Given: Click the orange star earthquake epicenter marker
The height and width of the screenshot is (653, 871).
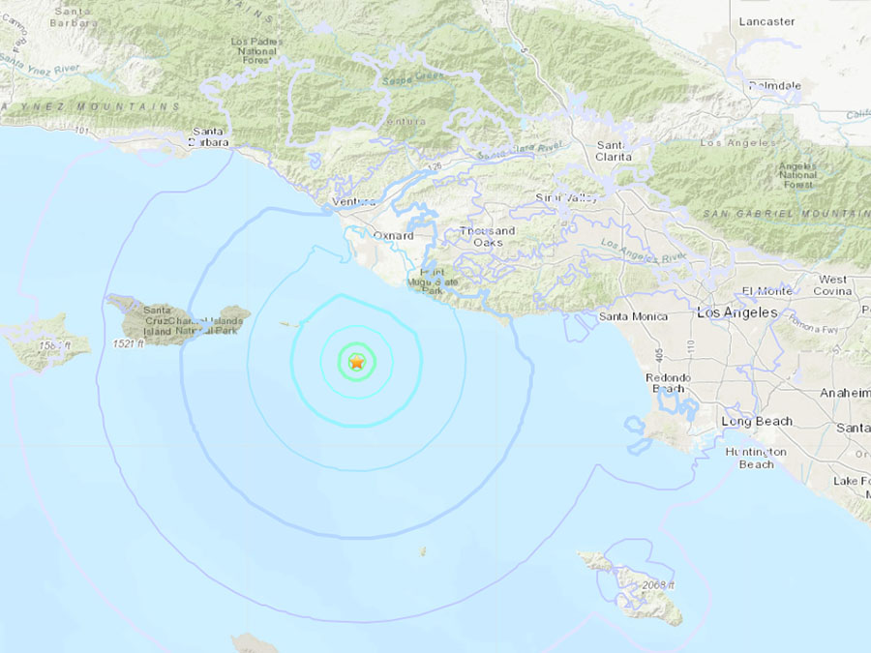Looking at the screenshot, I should coord(356,362).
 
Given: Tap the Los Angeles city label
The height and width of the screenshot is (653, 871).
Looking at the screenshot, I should coord(736,312).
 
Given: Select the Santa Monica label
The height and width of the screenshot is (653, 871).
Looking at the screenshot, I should coord(633,316).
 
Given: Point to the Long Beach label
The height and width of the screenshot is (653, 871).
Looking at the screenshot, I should coord(756,422).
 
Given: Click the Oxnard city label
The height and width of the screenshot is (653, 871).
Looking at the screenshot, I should coord(394,235).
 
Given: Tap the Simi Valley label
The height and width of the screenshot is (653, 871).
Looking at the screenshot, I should coord(566,197).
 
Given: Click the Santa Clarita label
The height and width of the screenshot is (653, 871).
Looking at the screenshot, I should coord(614,150).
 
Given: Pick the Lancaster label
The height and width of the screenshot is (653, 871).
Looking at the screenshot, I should coord(766,21).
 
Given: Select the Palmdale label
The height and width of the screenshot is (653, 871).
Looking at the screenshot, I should coord(774,86).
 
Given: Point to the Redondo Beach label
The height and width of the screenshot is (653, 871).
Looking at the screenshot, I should coord(668,382).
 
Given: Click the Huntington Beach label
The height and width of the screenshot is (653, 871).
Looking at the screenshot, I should coord(757,459).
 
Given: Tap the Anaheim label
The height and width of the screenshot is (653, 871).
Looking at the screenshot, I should coord(846,393).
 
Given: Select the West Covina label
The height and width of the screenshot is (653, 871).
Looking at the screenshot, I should coord(832,285).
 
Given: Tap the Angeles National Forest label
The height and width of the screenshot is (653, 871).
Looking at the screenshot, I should coord(797,175).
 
